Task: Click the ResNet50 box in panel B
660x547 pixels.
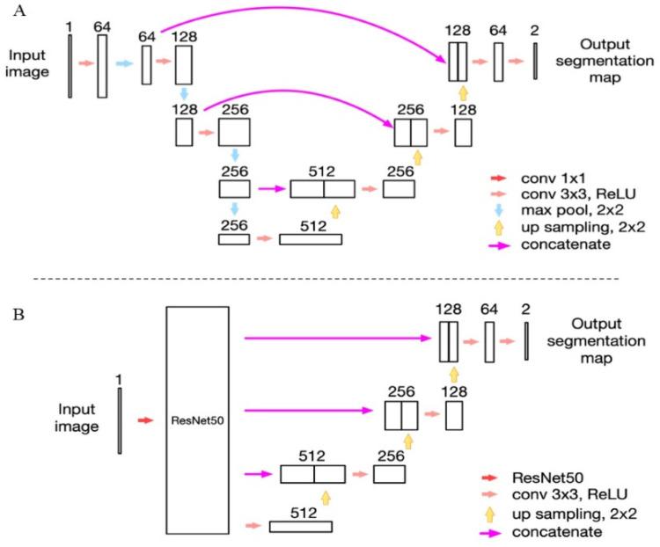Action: [197, 420]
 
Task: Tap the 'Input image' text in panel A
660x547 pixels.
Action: [26, 62]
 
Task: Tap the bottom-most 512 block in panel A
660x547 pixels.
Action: [311, 238]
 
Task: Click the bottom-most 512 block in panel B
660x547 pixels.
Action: [300, 526]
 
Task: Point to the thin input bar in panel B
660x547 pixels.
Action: [120, 420]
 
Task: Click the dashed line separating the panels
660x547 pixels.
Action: [330, 280]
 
